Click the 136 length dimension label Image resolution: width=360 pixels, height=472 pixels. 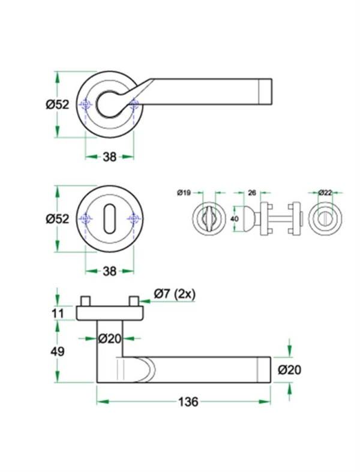[188, 402]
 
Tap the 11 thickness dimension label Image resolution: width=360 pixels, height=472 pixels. [58, 312]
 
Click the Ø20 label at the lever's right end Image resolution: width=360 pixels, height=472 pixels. [289, 370]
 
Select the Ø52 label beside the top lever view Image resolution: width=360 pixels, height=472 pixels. [58, 104]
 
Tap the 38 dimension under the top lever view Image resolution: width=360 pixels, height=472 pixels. [109, 157]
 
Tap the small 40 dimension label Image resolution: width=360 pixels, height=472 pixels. [234, 220]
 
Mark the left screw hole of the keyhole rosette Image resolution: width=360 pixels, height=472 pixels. [86, 219]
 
